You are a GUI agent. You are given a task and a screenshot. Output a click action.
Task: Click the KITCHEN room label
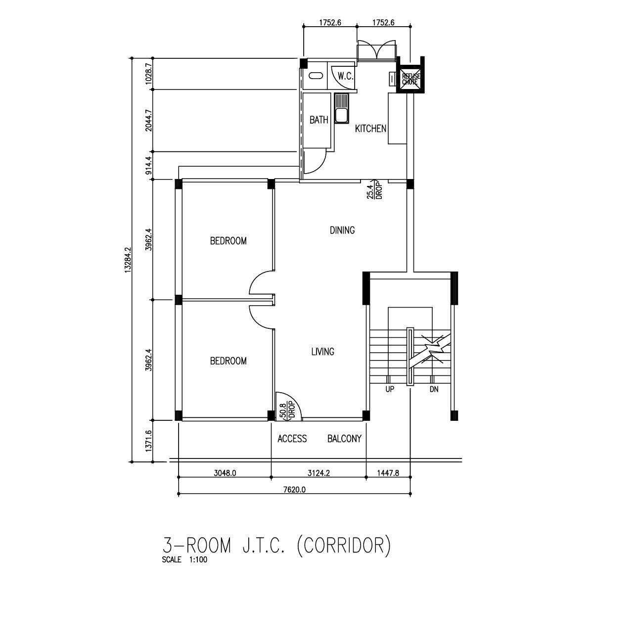pos(370,129)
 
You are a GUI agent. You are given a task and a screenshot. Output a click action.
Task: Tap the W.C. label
pos(345,77)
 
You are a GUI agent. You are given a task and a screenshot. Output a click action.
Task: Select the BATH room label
pos(319,120)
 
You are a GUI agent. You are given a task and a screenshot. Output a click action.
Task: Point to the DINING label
pos(342,230)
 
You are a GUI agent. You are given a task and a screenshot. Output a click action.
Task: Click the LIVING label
pos(322,351)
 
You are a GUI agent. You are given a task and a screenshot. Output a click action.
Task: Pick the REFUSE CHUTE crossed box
pos(410,79)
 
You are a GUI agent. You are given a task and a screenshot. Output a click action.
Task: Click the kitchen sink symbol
pos(341,108)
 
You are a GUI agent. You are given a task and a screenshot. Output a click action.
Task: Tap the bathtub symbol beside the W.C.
pos(315,76)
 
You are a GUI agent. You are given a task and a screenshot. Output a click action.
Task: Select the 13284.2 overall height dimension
pos(128,260)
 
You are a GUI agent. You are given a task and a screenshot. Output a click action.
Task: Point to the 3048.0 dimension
pos(225,473)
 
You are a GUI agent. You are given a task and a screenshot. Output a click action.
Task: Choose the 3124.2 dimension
pos(319,473)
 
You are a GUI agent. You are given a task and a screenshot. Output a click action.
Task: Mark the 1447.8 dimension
pos(388,473)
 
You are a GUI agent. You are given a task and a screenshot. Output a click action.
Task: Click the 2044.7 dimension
pos(149,121)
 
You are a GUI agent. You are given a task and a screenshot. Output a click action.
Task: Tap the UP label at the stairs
pos(390,390)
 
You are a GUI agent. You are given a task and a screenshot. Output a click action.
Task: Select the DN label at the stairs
pos(434,390)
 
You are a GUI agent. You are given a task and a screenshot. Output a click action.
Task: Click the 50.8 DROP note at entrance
pos(287,411)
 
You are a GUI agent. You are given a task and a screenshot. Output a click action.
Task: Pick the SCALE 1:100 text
pos(184,560)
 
